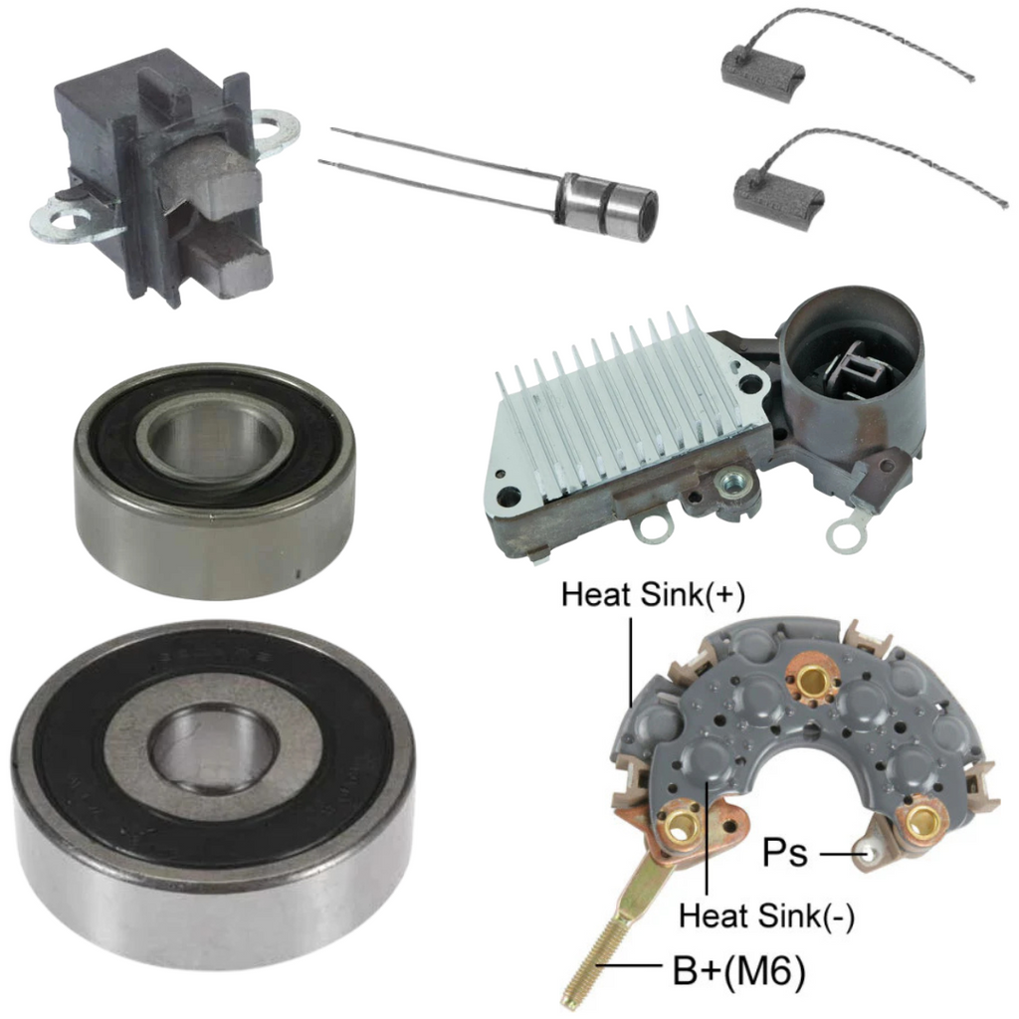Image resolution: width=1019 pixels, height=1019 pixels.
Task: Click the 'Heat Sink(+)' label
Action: click(x=653, y=595)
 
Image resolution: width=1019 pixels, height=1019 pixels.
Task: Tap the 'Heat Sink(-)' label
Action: click(x=766, y=916)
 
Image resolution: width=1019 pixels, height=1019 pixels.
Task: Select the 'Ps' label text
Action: click(x=785, y=852)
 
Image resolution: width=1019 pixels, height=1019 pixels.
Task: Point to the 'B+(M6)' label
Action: click(x=739, y=971)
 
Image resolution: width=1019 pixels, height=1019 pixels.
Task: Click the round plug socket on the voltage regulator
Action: click(x=853, y=366)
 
